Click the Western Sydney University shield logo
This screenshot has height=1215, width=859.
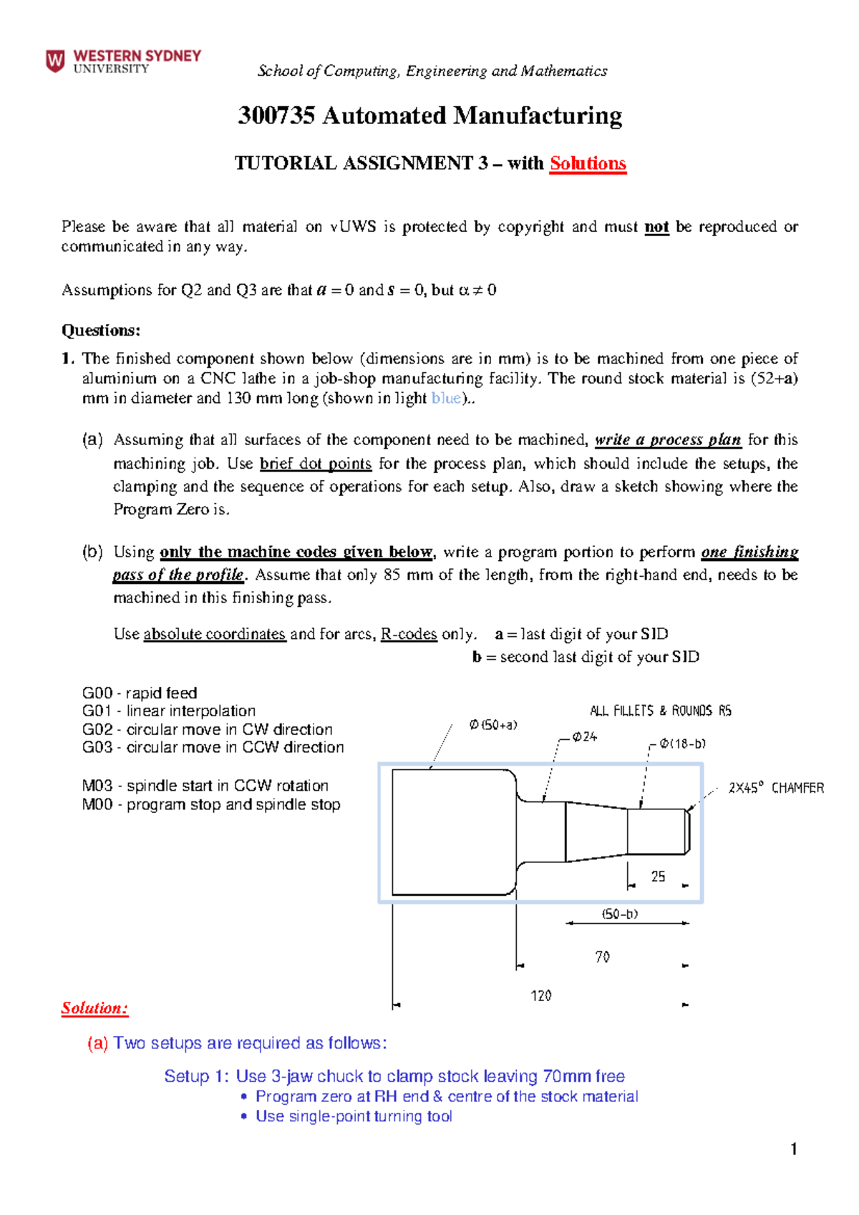click(x=55, y=61)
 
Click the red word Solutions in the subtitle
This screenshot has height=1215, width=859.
click(x=588, y=164)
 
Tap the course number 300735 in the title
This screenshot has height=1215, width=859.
click(x=276, y=115)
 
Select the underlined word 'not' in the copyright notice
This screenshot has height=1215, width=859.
click(x=656, y=227)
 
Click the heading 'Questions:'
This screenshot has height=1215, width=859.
click(x=100, y=331)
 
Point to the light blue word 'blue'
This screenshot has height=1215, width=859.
click(x=446, y=399)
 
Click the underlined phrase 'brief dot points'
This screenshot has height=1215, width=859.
click(x=316, y=464)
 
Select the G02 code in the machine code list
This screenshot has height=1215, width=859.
click(x=97, y=729)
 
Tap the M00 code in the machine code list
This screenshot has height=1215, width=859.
click(x=97, y=804)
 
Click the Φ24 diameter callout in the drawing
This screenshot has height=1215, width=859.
click(x=584, y=736)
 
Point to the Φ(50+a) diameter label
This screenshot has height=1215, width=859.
click(x=492, y=725)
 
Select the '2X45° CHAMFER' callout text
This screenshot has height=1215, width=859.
click(x=776, y=788)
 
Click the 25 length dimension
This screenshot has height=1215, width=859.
click(x=658, y=876)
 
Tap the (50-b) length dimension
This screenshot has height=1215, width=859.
click(x=620, y=914)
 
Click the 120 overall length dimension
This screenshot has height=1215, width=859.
click(x=540, y=995)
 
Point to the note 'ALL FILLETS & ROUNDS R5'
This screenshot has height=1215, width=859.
click(x=660, y=711)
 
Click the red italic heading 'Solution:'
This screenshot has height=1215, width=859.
click(x=94, y=1008)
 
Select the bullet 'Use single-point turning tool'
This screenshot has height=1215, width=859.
click(x=354, y=1116)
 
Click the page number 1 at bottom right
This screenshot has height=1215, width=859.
click(x=793, y=1149)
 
